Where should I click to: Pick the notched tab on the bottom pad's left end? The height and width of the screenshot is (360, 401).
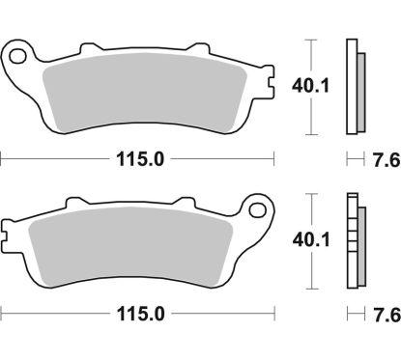click(7, 232)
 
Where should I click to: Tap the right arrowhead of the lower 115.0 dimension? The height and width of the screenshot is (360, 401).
click(272, 314)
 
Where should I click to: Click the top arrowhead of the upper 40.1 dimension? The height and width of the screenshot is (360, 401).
click(310, 42)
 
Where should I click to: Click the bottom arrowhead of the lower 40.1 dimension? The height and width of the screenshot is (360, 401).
click(310, 286)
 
